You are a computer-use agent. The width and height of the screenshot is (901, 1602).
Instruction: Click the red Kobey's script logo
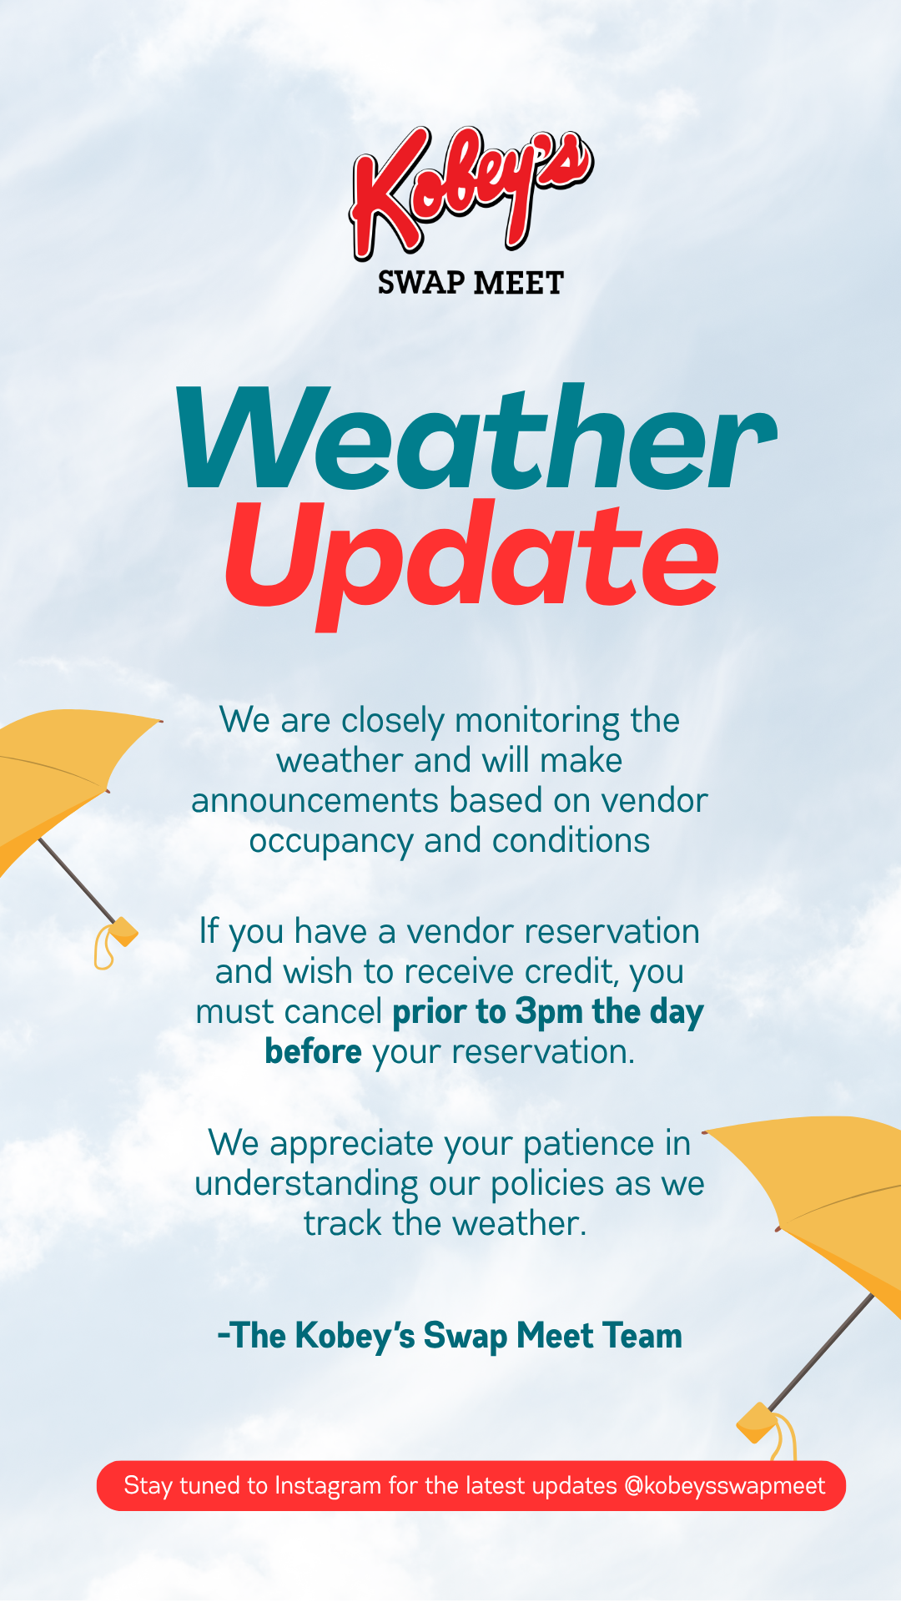(x=471, y=192)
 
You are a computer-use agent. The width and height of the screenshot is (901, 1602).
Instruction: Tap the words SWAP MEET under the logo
(x=471, y=283)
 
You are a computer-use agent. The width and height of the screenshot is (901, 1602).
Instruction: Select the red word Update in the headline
(x=472, y=560)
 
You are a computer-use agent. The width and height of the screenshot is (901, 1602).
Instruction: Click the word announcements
(x=315, y=801)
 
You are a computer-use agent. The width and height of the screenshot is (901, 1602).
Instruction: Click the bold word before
(x=314, y=1051)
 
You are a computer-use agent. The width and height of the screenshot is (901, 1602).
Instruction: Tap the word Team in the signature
(x=642, y=1336)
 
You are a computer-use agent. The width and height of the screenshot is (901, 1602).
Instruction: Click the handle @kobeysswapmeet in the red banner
(x=724, y=1486)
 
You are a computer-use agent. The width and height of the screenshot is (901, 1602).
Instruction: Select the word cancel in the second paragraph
(x=331, y=1012)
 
